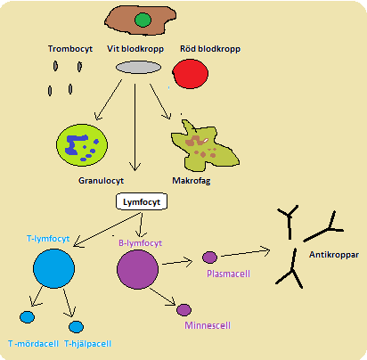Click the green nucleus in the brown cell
pyautogui.click(x=143, y=20)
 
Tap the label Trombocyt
pyautogui.click(x=70, y=49)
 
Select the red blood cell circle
pyautogui.click(x=191, y=74)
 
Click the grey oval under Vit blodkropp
pyautogui.click(x=138, y=68)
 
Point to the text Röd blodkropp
pyautogui.click(x=210, y=49)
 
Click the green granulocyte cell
pyautogui.click(x=82, y=145)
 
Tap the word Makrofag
pyautogui.click(x=192, y=181)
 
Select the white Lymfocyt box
pyautogui.click(x=142, y=202)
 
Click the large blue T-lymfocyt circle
pyautogui.click(x=53, y=268)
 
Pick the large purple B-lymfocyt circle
pyautogui.click(x=137, y=269)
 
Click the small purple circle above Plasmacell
pyautogui.click(x=209, y=258)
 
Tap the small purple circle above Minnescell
pyautogui.click(x=183, y=310)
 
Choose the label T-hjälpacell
pyautogui.click(x=88, y=344)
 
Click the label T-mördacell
pyautogui.click(x=33, y=344)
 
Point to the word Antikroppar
pyautogui.click(x=334, y=255)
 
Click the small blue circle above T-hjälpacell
pyautogui.click(x=76, y=327)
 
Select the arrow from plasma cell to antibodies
pyautogui.click(x=246, y=253)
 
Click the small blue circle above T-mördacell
pyautogui.click(x=27, y=317)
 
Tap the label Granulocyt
pyautogui.click(x=101, y=181)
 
